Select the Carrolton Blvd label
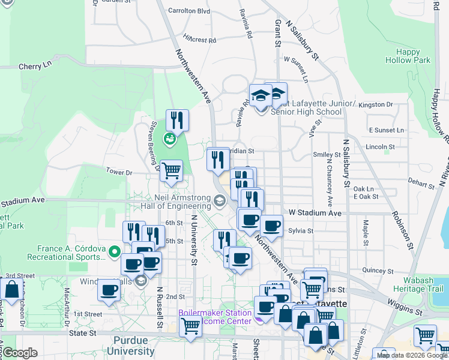189,11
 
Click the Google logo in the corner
19,353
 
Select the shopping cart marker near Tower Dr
172,170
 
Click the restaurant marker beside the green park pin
177,119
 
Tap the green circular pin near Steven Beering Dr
170,139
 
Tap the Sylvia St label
301,230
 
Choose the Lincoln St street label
379,146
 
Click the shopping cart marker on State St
190,326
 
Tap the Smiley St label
327,154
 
